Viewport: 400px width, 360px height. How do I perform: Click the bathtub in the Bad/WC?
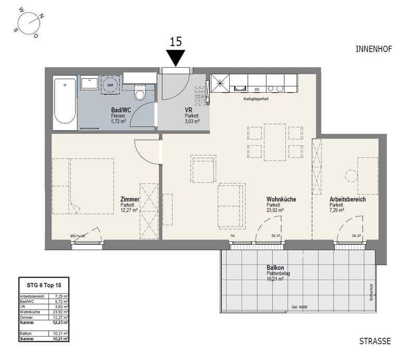(65, 101)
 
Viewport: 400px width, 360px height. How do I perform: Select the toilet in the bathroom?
(140, 93)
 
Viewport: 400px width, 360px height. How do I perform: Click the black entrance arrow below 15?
(176, 58)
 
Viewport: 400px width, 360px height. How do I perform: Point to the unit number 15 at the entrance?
(176, 42)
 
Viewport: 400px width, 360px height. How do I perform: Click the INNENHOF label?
(373, 49)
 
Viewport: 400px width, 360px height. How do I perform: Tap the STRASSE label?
(374, 341)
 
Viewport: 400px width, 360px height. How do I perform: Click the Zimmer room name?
(129, 200)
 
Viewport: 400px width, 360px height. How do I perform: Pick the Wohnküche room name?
(282, 200)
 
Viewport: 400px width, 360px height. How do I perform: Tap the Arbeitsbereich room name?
(347, 200)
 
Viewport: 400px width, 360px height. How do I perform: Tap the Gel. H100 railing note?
(299, 307)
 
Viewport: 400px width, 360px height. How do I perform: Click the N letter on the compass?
(42, 16)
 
